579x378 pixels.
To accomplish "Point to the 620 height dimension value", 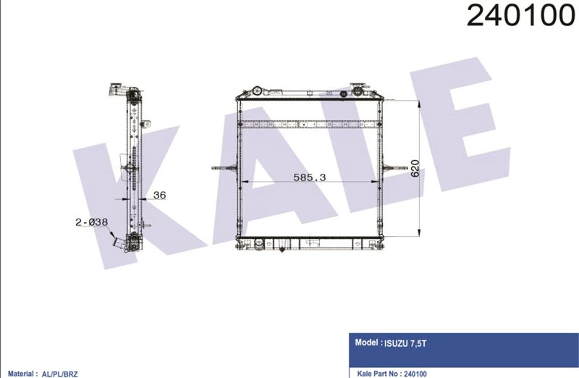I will click(415, 167).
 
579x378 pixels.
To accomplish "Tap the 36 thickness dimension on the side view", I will click(161, 194).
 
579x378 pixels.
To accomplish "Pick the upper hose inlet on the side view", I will click(117, 93).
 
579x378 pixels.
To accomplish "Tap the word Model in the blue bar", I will click(366, 344).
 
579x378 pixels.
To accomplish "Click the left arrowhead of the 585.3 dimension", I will click(243, 182).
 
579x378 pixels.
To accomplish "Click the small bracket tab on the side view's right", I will click(145, 124).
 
